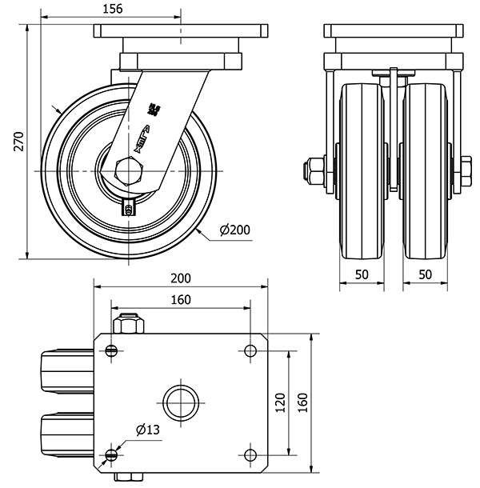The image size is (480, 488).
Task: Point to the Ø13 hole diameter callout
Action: point(148,430)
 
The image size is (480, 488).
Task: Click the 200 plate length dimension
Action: point(181,278)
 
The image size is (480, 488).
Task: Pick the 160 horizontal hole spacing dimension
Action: point(181,300)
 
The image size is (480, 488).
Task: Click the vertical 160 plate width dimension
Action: point(302,400)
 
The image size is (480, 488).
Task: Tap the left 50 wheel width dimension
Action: point(361,274)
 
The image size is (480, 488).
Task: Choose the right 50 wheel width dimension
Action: point(425,274)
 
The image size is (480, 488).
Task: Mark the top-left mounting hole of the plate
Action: point(110,350)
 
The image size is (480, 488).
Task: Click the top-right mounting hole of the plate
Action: point(251,350)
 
